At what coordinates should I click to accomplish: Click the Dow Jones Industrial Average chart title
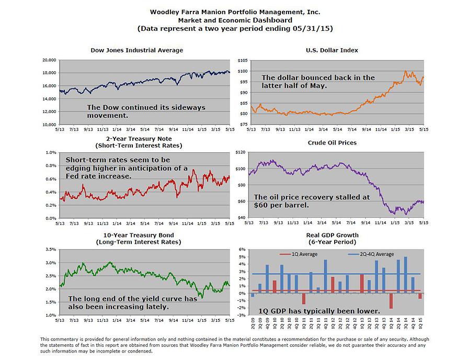[136, 50]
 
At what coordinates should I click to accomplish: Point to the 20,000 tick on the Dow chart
[49, 61]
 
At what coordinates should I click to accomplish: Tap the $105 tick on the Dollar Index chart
[242, 61]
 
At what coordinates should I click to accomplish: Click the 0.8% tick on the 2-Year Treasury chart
[51, 166]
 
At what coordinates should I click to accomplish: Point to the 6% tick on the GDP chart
[242, 250]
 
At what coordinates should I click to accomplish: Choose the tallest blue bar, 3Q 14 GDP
[405, 275]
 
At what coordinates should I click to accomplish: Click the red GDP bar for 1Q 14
[391, 301]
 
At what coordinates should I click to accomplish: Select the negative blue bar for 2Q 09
[253, 295]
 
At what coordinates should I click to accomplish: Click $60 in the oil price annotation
[262, 205]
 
